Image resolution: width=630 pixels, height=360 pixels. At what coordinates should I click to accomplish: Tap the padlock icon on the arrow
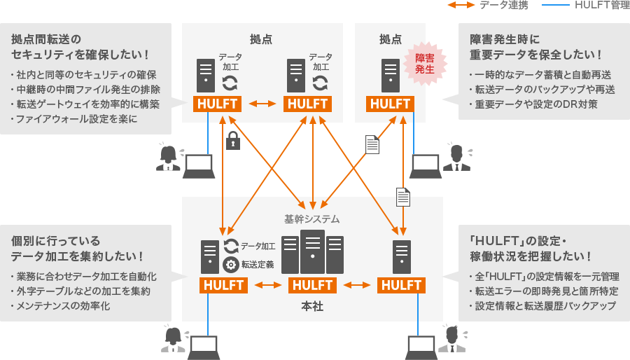click(x=233, y=141)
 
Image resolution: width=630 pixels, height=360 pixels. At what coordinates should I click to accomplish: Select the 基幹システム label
click(x=311, y=219)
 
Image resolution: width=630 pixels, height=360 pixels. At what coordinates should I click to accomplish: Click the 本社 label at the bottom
click(x=312, y=306)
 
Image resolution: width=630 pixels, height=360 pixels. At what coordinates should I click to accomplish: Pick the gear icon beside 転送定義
click(x=230, y=265)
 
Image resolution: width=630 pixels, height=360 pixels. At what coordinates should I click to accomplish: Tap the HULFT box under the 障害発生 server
click(x=391, y=104)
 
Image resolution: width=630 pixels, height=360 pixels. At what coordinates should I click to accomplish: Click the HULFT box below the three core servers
click(x=312, y=285)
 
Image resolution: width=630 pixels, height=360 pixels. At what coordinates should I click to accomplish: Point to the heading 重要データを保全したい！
click(x=535, y=55)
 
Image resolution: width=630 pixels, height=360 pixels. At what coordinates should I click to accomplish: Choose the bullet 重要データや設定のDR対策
click(x=536, y=105)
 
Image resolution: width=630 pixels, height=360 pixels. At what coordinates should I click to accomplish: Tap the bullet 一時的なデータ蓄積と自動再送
click(x=540, y=74)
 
